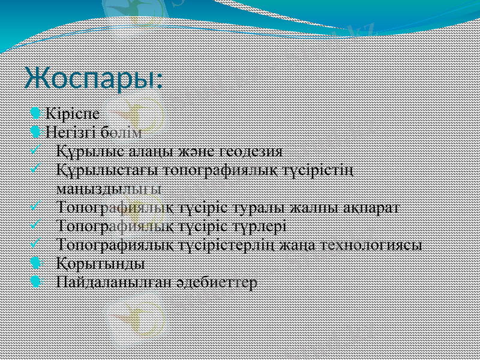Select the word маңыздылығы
tap(108, 188)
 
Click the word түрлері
tap(257, 226)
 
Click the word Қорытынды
tap(100, 263)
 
